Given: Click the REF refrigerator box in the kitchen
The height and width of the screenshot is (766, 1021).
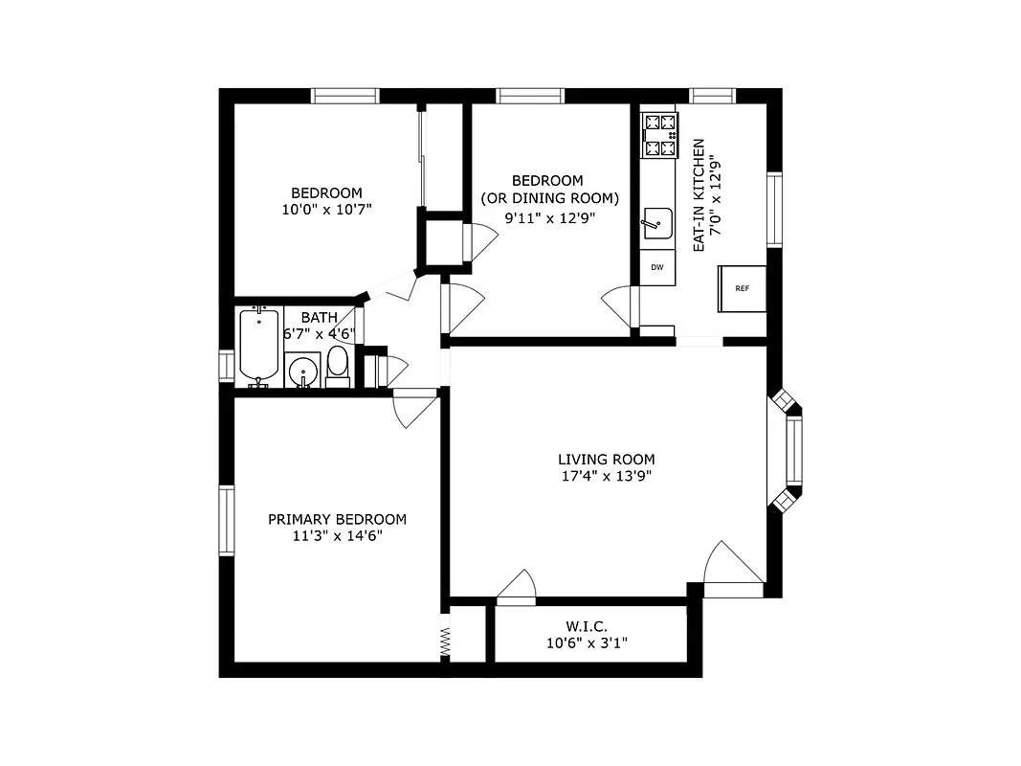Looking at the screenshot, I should coord(743,288).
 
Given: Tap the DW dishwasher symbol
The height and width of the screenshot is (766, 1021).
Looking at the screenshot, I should coord(657,267).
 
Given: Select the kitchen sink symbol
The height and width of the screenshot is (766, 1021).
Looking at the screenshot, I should coord(657,224).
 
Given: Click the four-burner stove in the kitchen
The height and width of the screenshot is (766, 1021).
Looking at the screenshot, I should coord(659,135).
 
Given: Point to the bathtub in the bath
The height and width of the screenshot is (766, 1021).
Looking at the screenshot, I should coord(258,347).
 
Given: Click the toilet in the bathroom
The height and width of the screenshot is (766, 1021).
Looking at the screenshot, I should coord(338,366).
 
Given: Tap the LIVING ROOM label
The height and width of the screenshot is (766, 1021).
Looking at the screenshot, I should coord(607,460).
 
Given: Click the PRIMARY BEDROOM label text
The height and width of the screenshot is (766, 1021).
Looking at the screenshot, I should coord(337,519).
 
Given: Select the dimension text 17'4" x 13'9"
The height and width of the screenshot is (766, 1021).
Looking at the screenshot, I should coord(607,476).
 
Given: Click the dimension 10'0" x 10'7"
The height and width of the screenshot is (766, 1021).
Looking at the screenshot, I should coord(326,209).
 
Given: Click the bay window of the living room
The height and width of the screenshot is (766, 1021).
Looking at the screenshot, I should coord(790,450).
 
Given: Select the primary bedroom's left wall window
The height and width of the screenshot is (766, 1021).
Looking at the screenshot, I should coord(227,520).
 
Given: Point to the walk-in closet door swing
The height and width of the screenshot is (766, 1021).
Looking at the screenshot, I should coord(518,588).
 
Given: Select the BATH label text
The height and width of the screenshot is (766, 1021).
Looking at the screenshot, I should coord(319,317).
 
